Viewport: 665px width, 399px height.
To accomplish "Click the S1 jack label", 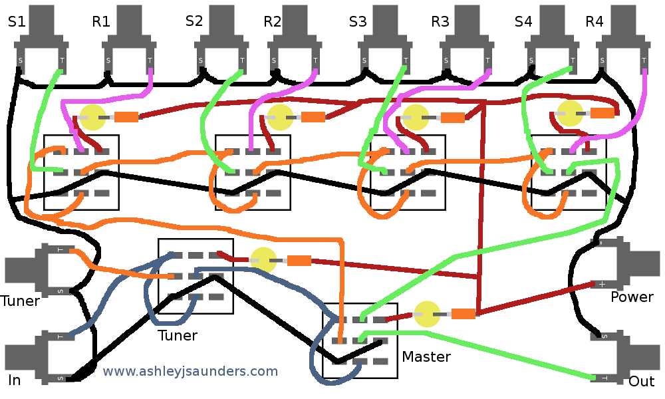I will tap(17, 22).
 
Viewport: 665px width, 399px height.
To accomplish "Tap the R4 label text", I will tap(594, 22).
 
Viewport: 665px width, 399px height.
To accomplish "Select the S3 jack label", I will tap(357, 22).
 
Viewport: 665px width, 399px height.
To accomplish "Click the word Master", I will tap(426, 357).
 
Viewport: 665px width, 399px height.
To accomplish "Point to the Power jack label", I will tap(632, 297).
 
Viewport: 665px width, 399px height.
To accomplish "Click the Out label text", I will tap(642, 382).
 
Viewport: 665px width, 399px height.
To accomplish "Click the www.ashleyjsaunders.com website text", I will tap(190, 372).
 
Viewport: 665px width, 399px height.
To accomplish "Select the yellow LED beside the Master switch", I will tap(427, 314).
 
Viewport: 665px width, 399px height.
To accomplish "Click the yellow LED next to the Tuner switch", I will tap(263, 260).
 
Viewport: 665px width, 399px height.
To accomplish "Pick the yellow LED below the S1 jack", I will tap(93, 117).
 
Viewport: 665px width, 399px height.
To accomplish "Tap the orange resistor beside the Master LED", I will tap(464, 313).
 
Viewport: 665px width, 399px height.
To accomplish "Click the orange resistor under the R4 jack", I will tap(602, 113).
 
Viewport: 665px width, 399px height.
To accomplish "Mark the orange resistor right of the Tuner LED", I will tap(299, 261).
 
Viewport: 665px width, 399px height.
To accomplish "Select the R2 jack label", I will tap(272, 22).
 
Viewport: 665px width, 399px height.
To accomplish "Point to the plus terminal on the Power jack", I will tap(602, 284).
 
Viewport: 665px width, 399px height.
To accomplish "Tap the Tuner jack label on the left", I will tap(20, 301).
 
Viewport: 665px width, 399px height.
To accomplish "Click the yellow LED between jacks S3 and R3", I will tap(416, 117).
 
